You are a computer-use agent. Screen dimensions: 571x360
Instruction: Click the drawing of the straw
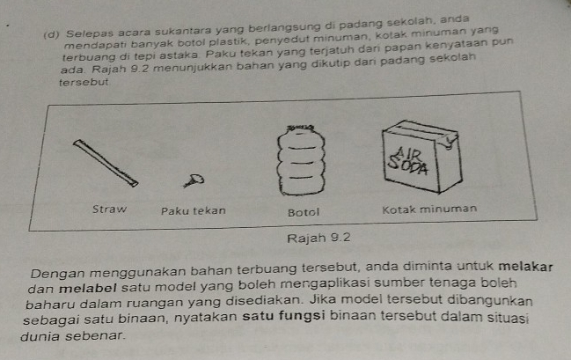[x=106, y=163]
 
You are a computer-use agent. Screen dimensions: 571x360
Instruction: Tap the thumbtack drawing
[x=194, y=180]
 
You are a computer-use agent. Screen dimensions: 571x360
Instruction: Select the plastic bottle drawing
[x=301, y=161]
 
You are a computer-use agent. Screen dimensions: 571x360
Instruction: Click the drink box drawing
[x=422, y=157]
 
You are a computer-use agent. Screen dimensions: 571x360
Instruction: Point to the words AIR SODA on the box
[x=408, y=161]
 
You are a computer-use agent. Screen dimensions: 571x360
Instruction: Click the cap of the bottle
[x=300, y=128]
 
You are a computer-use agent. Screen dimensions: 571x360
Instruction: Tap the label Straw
[x=109, y=209]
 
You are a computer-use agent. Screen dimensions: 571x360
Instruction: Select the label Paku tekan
[x=194, y=211]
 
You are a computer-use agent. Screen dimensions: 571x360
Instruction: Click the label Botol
[x=304, y=212]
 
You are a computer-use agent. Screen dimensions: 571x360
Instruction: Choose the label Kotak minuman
[x=429, y=209]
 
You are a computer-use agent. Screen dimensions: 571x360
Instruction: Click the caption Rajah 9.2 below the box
[x=318, y=239]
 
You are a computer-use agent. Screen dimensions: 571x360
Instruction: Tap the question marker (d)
[x=51, y=35]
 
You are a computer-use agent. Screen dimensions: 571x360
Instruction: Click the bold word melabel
[x=88, y=289]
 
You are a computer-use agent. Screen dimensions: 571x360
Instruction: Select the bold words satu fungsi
[x=283, y=315]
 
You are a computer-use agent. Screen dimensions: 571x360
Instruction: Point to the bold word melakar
[x=525, y=267]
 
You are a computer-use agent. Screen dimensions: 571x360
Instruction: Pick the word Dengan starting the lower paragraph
[x=58, y=274]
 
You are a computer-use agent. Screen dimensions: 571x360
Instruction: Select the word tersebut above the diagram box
[x=84, y=83]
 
